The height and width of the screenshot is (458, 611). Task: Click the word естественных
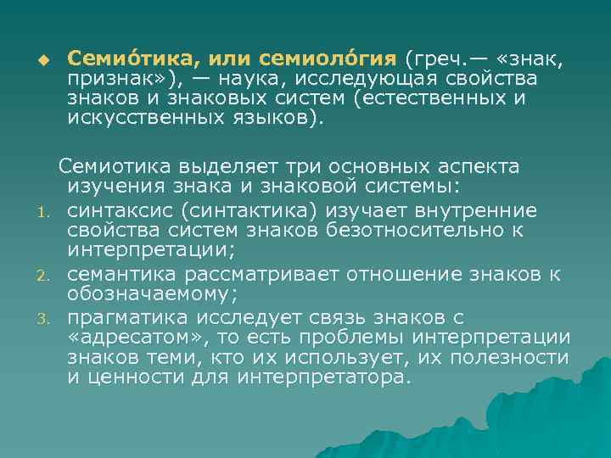[438, 98]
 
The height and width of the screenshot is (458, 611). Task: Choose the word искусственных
[137, 118]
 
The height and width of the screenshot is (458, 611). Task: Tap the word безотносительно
[429, 230]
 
